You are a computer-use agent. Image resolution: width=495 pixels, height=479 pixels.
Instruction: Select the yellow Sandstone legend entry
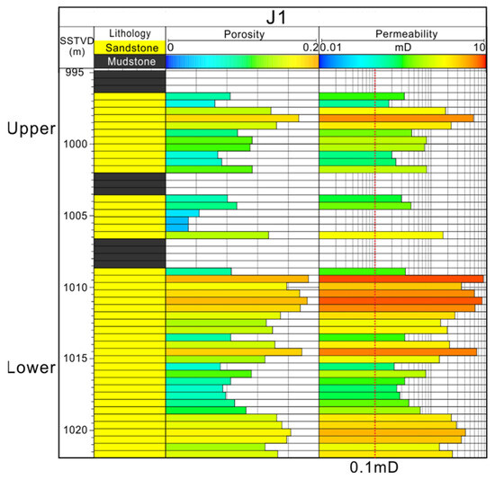click(130, 48)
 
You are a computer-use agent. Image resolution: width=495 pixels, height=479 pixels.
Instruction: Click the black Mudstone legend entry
click(130, 61)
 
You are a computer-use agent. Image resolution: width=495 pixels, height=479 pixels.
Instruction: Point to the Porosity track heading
click(243, 34)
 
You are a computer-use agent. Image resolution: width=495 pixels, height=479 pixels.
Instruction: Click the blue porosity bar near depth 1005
click(177, 225)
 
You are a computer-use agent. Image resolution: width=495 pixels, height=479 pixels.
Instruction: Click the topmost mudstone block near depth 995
click(130, 81)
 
